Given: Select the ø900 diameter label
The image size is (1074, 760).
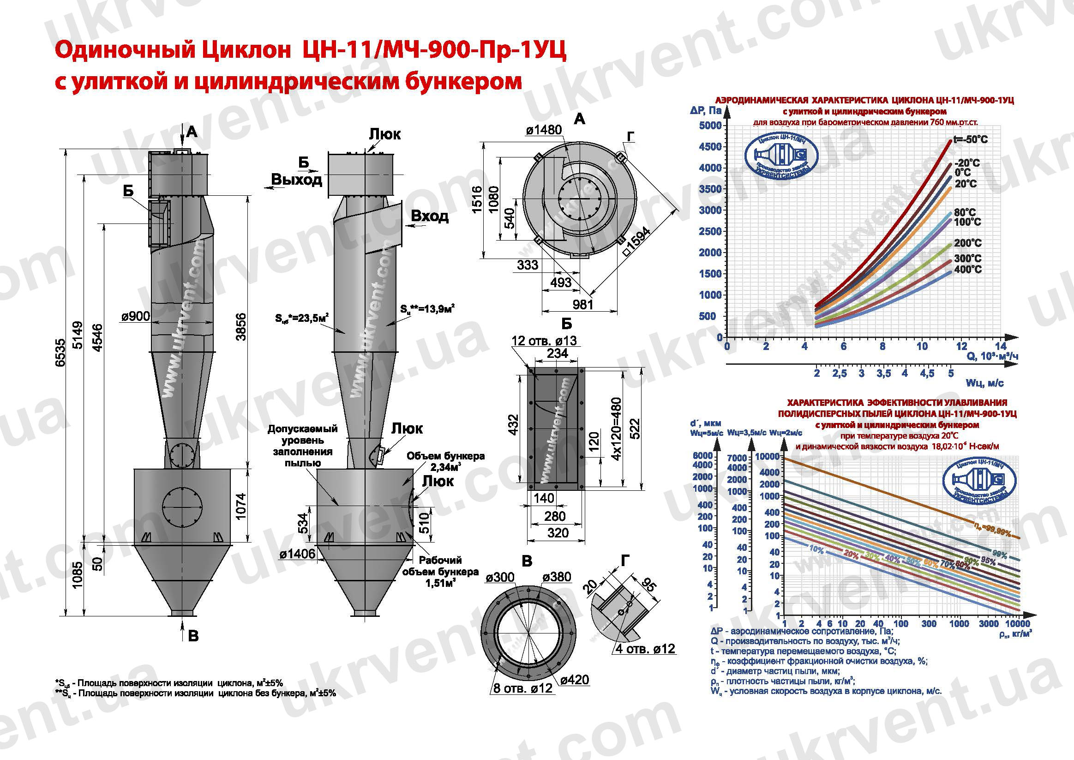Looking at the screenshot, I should click(136, 317).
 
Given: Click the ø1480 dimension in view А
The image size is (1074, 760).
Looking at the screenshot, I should click(544, 130).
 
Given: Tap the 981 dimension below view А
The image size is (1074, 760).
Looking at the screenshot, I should click(582, 305).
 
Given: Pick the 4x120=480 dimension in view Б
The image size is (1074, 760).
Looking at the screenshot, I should click(617, 428).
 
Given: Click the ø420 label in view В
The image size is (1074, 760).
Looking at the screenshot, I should click(575, 680).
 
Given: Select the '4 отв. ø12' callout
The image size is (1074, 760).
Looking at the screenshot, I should click(645, 649).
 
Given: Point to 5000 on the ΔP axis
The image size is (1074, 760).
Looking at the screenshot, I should click(710, 126).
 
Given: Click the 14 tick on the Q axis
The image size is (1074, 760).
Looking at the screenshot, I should click(1000, 346).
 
